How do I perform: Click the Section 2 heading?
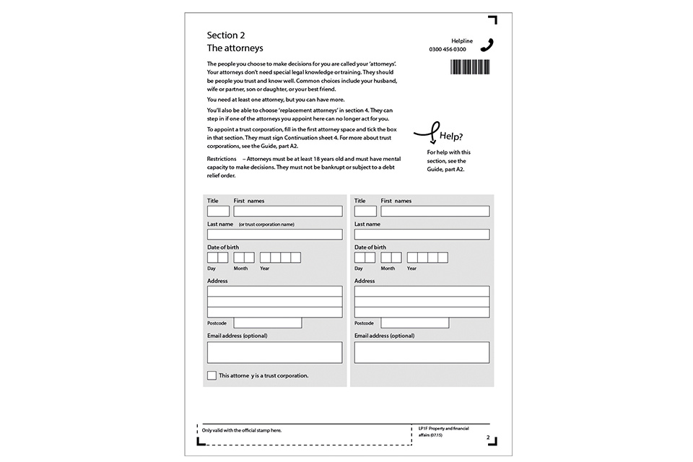click(x=226, y=35)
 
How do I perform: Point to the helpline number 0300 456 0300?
click(x=448, y=49)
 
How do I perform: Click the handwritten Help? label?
click(x=450, y=136)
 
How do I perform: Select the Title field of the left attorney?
click(x=218, y=212)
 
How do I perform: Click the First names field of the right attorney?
click(x=435, y=212)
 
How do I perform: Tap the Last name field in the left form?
click(x=274, y=235)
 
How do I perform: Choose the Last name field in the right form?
click(x=422, y=235)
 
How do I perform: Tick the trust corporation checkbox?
click(x=212, y=375)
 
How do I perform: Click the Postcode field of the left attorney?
click(x=267, y=323)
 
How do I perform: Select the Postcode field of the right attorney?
click(x=414, y=323)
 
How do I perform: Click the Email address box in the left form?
click(x=274, y=352)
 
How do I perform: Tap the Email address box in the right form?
click(x=422, y=352)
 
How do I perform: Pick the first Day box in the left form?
click(x=212, y=258)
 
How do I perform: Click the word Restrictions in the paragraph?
click(x=222, y=158)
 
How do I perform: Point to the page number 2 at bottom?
click(x=488, y=437)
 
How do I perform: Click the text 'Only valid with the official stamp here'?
click(x=242, y=430)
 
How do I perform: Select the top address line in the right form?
click(x=422, y=292)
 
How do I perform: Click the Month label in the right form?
click(x=388, y=269)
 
